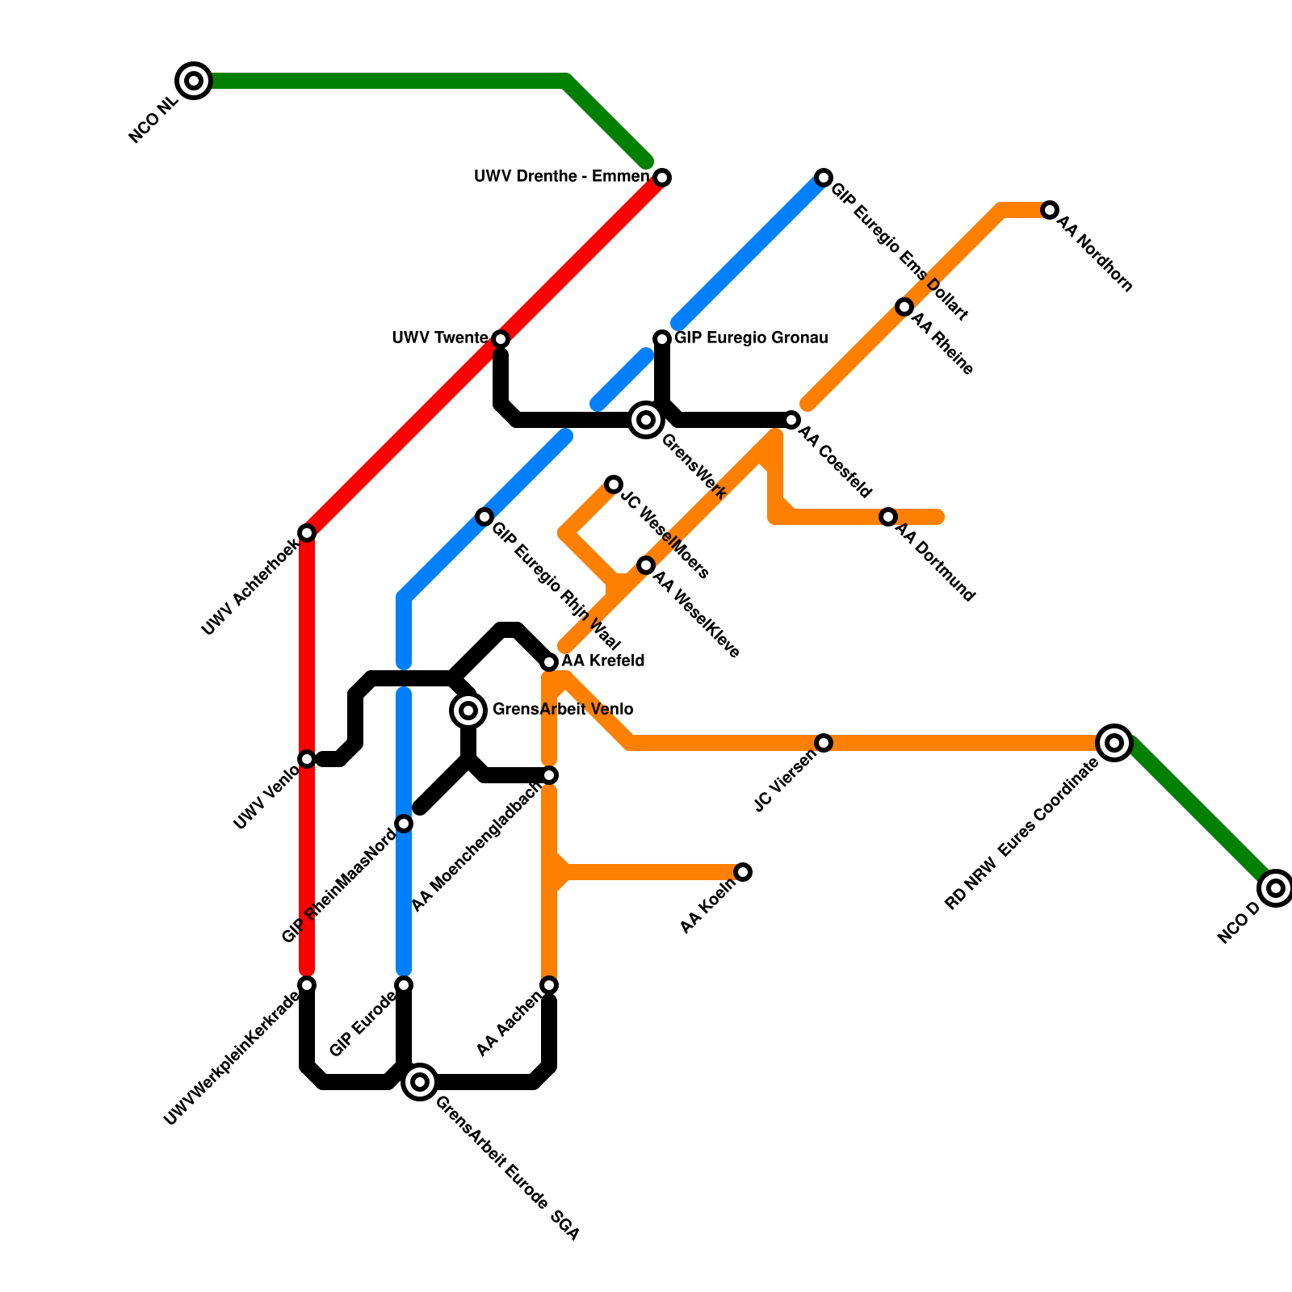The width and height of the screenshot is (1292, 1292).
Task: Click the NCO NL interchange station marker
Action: click(194, 81)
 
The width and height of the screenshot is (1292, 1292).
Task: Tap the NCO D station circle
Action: click(1276, 888)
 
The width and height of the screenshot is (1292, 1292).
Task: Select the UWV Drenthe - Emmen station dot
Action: click(662, 178)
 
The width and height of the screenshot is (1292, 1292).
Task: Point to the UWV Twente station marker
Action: click(501, 339)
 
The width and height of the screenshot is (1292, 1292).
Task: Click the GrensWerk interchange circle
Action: click(646, 420)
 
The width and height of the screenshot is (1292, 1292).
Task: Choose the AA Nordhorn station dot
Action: click(1050, 210)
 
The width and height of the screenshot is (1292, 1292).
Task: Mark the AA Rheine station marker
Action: click(904, 307)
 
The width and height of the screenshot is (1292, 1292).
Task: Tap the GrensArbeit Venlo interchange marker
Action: click(468, 711)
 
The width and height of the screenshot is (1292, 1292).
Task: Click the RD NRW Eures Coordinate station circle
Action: click(1114, 743)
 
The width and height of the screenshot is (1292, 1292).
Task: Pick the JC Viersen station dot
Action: click(824, 743)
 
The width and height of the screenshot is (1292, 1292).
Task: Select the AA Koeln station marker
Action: click(743, 872)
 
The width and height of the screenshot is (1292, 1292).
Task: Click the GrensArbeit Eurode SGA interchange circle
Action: click(420, 1082)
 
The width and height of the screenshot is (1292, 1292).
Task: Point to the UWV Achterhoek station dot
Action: click(307, 533)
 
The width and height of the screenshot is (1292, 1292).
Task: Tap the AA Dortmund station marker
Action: click(888, 517)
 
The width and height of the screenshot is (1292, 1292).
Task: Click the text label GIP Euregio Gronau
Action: click(751, 338)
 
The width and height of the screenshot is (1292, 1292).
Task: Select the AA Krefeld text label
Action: click(603, 661)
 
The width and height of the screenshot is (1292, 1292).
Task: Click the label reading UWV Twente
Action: click(439, 338)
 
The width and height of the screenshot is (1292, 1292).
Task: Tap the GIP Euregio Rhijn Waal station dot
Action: click(484, 517)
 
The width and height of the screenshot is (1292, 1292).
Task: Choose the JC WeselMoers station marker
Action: click(614, 484)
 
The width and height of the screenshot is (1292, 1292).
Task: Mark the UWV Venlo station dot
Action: click(307, 759)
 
